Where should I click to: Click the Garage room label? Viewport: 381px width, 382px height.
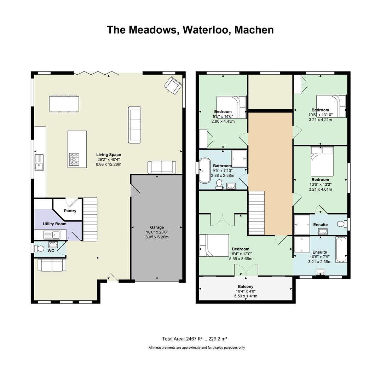point(157,227)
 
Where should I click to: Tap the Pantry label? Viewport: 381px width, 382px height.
point(70,211)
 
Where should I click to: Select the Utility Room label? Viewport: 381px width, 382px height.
point(54,224)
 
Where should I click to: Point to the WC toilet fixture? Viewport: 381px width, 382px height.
point(39,249)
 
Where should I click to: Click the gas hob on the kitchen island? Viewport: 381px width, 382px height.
point(74,159)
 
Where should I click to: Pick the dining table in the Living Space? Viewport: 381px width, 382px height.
point(64,104)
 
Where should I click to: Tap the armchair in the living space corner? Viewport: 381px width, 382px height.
point(173,85)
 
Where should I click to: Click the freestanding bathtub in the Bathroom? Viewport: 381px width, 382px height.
point(205,170)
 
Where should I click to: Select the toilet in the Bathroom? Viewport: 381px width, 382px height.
point(219,184)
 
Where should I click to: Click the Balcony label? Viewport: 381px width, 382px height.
point(246,286)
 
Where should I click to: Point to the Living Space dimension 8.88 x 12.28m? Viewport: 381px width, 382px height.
point(109,164)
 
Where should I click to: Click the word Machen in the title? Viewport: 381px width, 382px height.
point(254,30)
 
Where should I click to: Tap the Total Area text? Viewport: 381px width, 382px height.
point(195,338)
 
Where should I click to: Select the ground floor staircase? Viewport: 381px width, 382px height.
point(90,219)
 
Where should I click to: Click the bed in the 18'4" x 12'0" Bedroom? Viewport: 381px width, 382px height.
point(214,245)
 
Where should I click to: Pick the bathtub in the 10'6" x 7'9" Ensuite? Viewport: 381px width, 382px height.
point(341,249)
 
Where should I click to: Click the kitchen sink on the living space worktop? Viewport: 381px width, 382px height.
point(39,162)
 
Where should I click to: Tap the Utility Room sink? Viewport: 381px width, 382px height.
point(52,235)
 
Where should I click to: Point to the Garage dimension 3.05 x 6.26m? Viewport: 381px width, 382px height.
point(157,237)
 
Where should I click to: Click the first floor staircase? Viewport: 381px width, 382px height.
point(256,213)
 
